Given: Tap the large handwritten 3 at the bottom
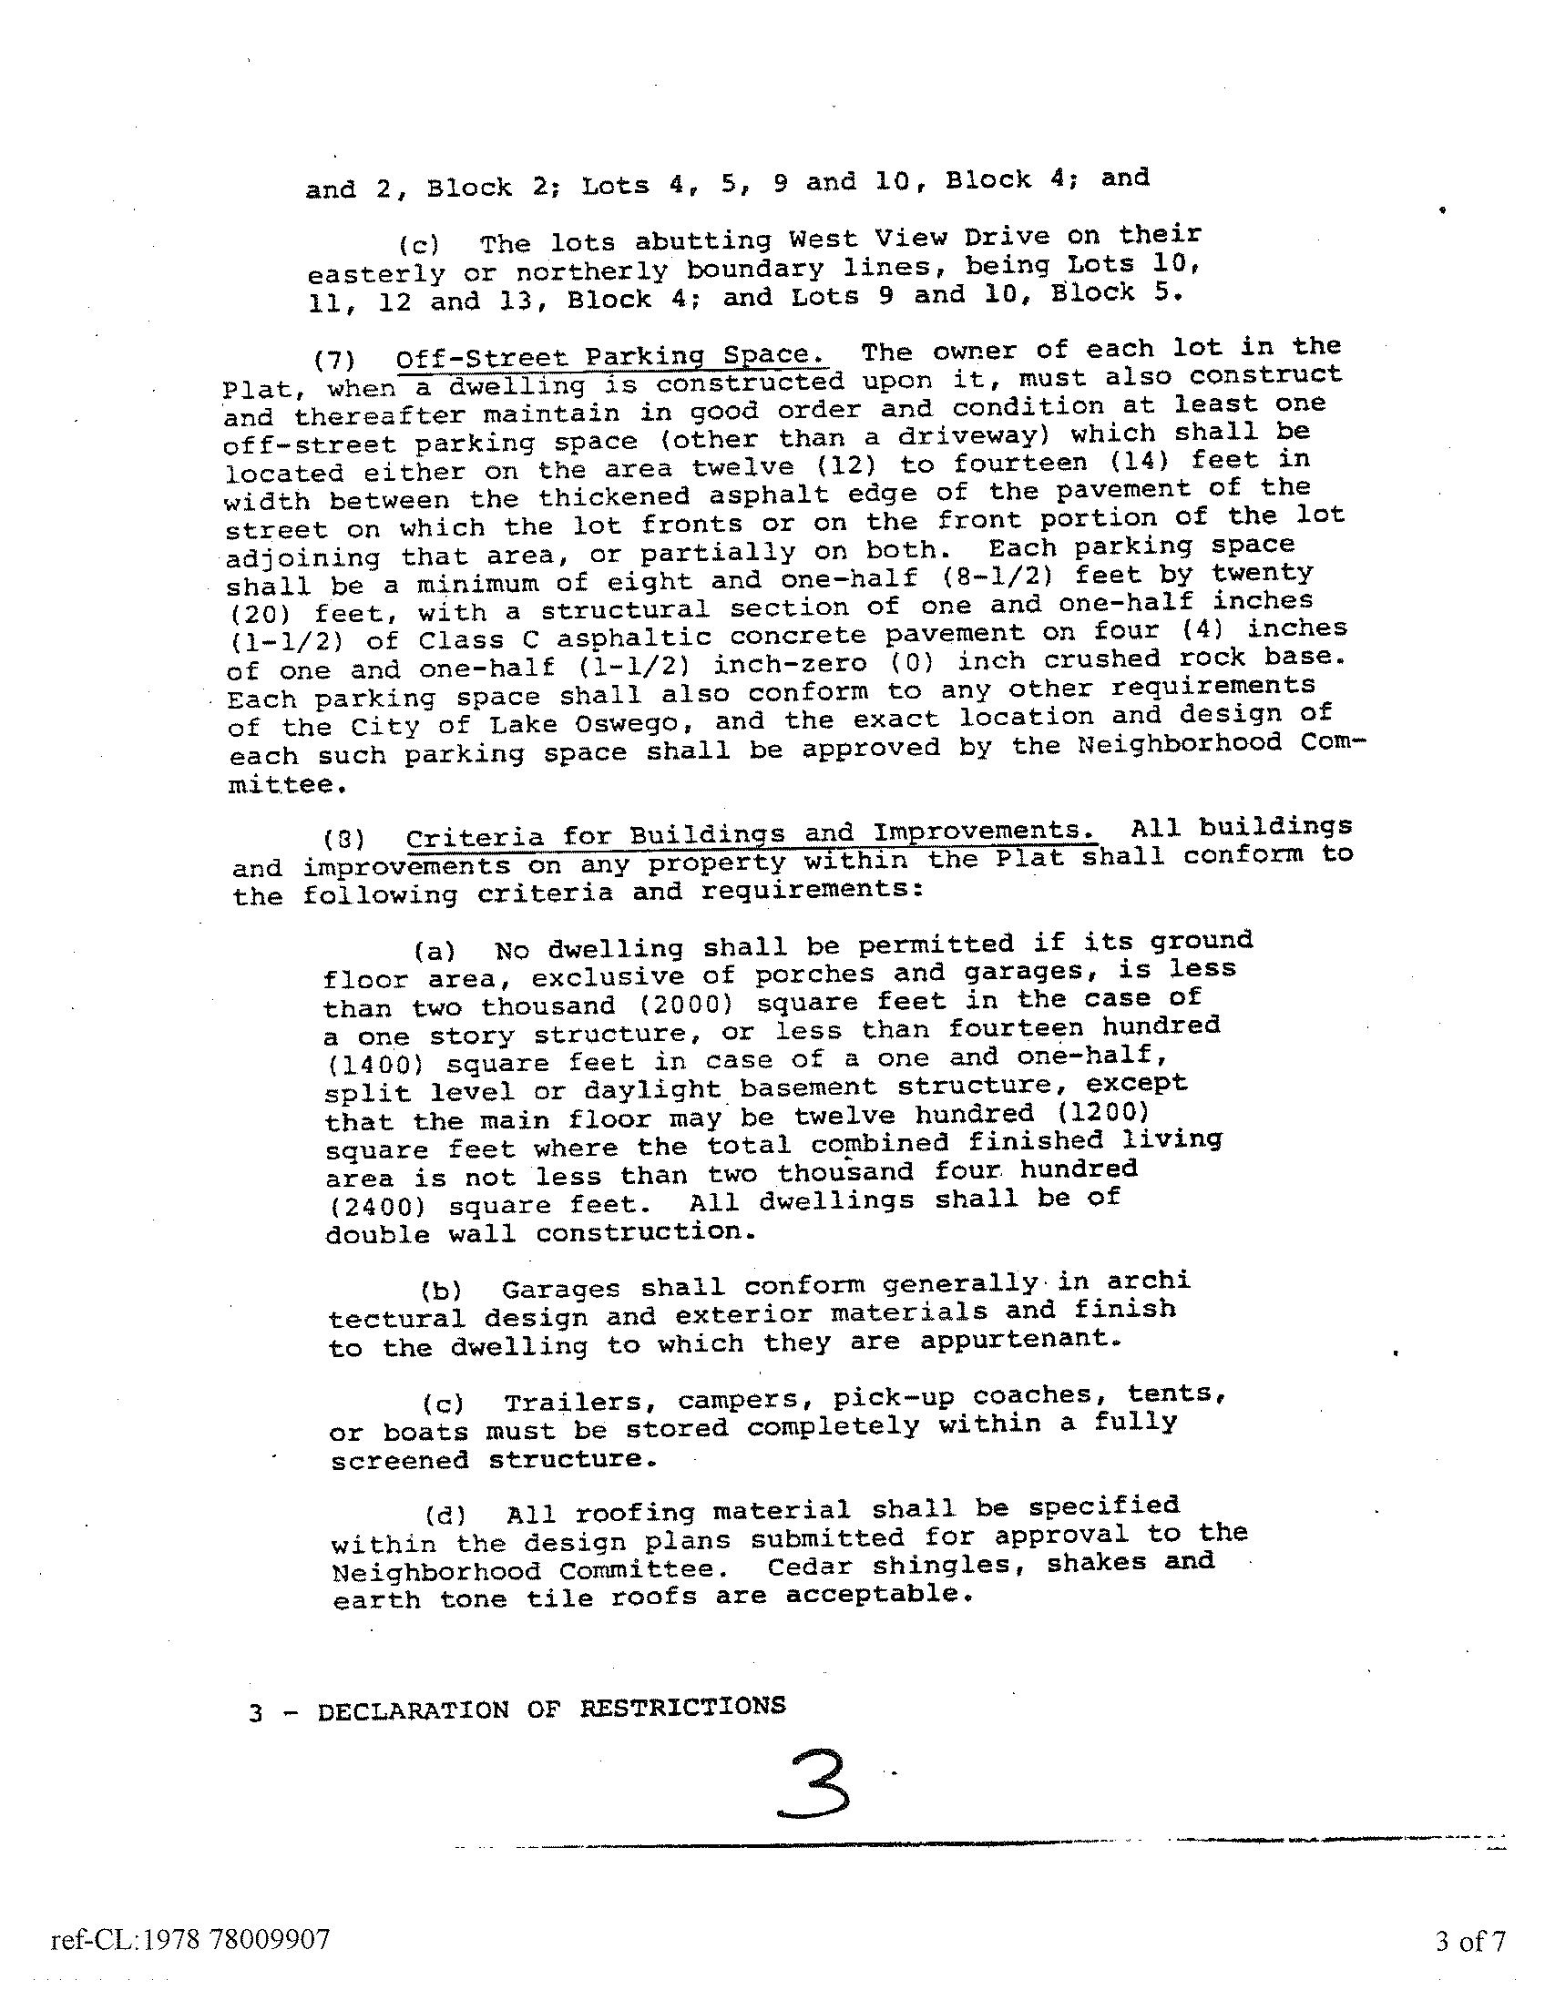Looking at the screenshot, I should tap(812, 1785).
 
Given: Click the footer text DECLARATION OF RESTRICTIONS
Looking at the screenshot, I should tap(551, 1709).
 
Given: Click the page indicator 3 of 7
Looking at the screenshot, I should tap(1469, 1941).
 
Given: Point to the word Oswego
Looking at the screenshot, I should tap(611, 724).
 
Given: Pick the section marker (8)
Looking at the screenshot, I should tap(343, 839).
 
